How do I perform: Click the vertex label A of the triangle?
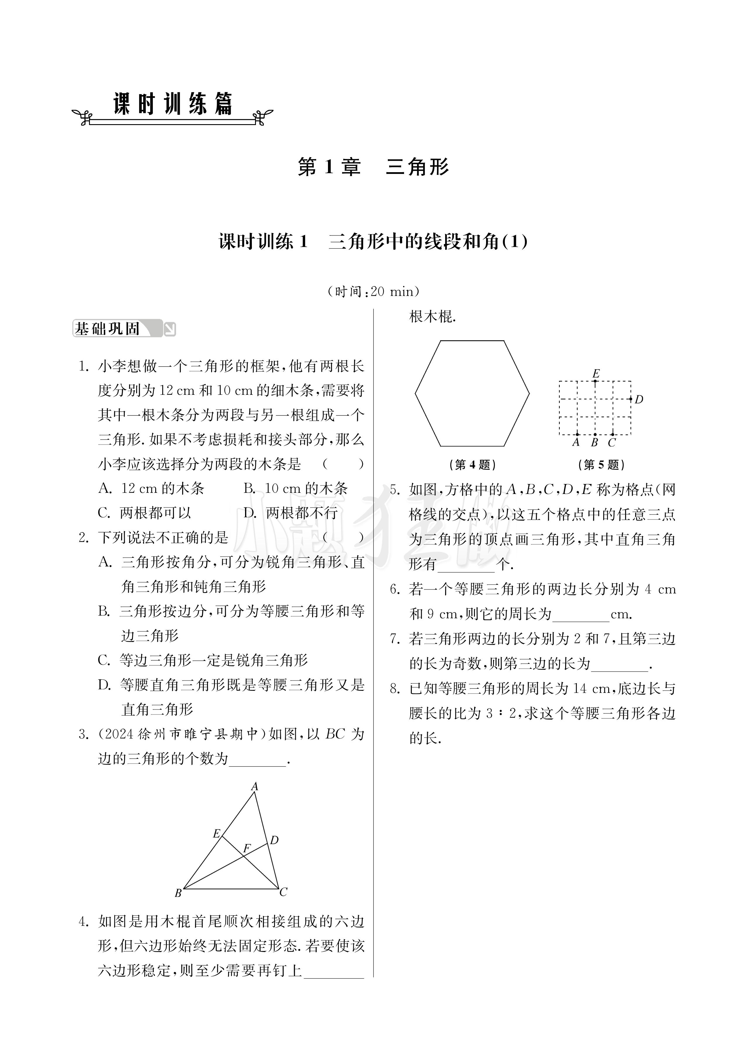click(x=254, y=786)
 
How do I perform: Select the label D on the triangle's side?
click(x=274, y=840)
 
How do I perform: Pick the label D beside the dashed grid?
click(x=639, y=399)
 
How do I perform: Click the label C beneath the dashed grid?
click(x=611, y=442)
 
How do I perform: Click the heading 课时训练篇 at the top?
click(x=173, y=104)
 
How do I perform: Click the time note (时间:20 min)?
click(x=373, y=291)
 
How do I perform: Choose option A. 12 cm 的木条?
click(x=151, y=488)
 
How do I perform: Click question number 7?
click(x=395, y=638)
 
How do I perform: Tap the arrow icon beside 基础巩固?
click(x=170, y=329)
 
